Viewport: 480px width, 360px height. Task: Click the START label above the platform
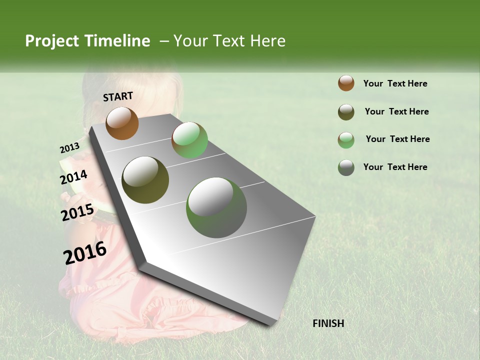tap(118, 96)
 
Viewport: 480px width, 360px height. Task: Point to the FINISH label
tap(328, 323)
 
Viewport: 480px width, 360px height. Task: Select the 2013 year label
tap(69, 147)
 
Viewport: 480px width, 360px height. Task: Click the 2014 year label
tap(73, 177)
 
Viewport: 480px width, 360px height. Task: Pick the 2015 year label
tap(77, 212)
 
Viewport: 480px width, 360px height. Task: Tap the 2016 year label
tap(85, 252)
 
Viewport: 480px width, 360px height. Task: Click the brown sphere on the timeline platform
tap(122, 123)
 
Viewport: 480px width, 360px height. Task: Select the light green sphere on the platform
tap(189, 140)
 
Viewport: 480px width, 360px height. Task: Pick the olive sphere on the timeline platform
tap(145, 180)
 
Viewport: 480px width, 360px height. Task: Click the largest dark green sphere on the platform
tap(216, 207)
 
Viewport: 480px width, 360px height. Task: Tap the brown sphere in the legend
tap(346, 83)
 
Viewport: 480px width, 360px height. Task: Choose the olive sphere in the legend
tap(346, 112)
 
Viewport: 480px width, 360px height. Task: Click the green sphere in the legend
tap(346, 140)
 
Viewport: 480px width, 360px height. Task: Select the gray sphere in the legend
tap(346, 167)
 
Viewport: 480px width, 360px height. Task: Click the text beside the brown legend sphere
tap(395, 83)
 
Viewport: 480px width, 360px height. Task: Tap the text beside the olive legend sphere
tap(396, 111)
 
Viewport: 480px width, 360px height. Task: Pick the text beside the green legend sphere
tap(397, 139)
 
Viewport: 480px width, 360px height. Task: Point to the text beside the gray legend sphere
tap(395, 167)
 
